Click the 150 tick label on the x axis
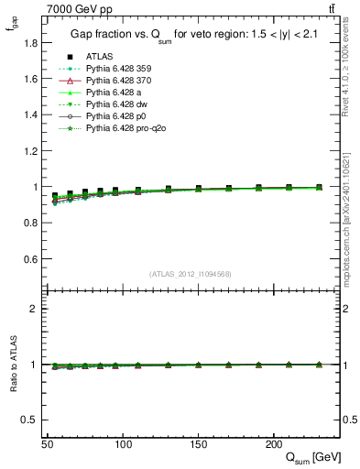click(x=198, y=444)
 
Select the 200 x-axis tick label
click(x=273, y=444)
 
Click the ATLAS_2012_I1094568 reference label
click(x=190, y=274)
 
